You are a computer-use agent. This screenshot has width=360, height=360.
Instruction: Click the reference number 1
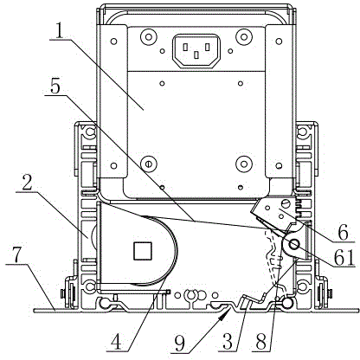point(59,31)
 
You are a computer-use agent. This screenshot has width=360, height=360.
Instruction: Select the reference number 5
point(55,85)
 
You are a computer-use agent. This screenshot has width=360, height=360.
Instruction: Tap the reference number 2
point(28,181)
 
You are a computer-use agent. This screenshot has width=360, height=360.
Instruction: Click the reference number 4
point(118,342)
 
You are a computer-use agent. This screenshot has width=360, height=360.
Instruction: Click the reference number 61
point(344,257)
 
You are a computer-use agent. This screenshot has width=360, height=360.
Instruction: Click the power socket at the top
point(196,51)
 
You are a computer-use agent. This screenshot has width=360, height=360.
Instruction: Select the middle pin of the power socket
point(196,55)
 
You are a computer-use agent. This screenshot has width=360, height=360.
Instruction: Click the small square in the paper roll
point(143,250)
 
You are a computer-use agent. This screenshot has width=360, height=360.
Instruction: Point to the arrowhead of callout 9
point(223,314)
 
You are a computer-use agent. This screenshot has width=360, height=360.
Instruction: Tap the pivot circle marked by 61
point(294,245)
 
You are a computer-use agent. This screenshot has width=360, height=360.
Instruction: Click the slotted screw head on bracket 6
point(286,203)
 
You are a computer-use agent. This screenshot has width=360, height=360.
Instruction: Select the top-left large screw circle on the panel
point(148,36)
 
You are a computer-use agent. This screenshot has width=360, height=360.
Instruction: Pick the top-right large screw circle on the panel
point(244,36)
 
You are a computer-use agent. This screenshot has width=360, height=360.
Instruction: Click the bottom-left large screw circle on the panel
point(148,164)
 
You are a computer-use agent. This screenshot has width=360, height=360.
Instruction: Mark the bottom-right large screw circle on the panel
point(244,164)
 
